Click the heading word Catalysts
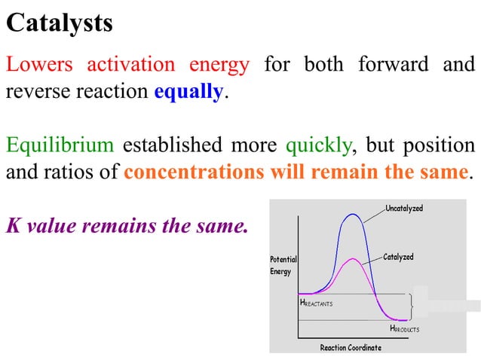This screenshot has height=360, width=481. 60,23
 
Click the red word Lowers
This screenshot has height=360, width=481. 39,65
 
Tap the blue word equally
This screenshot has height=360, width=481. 188,93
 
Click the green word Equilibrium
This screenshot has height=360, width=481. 60,145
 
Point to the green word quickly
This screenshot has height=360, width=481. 312,145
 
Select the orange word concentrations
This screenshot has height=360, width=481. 192,172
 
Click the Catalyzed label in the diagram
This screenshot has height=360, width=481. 398,258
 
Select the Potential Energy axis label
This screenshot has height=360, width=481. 283,265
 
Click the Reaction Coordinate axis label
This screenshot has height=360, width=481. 351,347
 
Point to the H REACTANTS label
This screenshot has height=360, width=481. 316,303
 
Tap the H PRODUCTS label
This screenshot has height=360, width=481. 404,329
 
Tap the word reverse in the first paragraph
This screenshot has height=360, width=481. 33,93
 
